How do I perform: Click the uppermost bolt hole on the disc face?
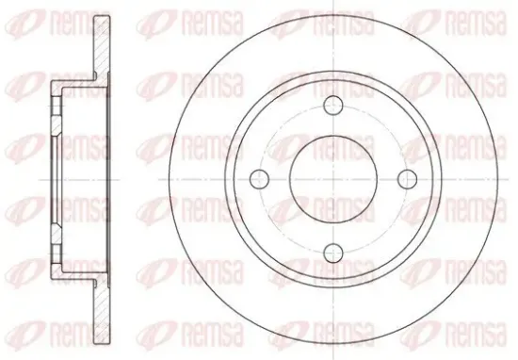333,106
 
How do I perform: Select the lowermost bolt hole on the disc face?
333,253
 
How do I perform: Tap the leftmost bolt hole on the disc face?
260,179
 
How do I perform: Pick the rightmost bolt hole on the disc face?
407,179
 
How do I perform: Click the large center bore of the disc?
333,179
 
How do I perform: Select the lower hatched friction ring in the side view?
102,311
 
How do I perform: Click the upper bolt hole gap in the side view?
57,106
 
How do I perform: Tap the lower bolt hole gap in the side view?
57,254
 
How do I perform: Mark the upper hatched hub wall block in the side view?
56,125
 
